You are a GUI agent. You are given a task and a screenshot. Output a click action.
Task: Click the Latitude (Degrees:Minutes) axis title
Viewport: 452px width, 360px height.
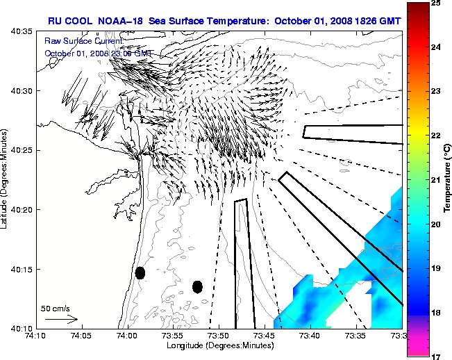(7, 180)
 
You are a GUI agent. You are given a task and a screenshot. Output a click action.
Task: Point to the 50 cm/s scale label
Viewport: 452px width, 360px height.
(55, 308)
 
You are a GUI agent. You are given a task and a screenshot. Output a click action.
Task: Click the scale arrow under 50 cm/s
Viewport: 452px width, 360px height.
(61, 319)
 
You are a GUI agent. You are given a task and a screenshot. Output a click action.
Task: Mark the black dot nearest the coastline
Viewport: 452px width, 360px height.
(140, 272)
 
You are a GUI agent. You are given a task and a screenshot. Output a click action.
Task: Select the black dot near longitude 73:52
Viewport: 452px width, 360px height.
(197, 286)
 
